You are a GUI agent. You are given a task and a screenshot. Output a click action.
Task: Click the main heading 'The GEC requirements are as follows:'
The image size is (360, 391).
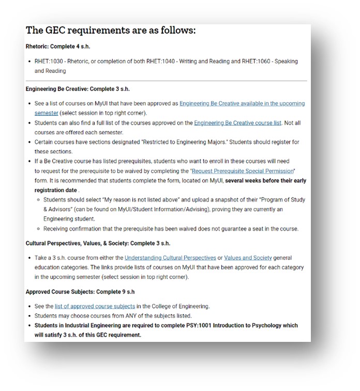click(x=111, y=30)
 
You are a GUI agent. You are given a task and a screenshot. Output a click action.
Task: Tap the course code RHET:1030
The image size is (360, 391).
click(x=49, y=62)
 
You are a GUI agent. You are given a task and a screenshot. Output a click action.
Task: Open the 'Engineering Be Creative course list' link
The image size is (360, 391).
click(x=237, y=123)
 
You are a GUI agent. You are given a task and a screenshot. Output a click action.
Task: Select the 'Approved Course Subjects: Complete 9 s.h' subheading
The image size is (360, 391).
click(x=80, y=292)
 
